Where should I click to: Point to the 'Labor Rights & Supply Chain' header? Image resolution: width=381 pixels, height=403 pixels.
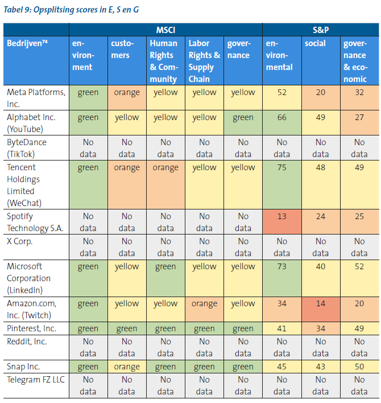click(204, 61)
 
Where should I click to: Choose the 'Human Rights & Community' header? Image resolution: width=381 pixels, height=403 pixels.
click(165, 61)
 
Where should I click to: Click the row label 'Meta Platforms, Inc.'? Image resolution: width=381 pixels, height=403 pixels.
click(35, 98)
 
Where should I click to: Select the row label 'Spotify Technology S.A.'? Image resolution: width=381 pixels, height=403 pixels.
click(35, 222)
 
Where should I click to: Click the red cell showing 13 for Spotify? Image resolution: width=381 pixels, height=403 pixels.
click(281, 216)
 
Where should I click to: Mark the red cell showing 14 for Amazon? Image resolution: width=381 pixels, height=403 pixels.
click(320, 304)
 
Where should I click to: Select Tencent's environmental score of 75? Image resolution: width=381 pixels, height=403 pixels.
click(281, 167)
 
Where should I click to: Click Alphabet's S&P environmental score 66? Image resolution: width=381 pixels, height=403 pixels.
click(281, 117)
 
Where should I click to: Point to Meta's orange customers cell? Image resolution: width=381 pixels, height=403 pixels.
click(127, 92)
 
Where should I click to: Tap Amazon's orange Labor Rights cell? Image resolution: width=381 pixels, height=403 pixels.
click(204, 304)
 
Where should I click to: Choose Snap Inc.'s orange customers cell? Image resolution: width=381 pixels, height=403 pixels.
click(127, 367)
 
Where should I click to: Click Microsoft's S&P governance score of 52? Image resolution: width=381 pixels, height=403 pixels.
click(359, 266)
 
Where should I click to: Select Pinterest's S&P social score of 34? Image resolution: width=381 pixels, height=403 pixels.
click(320, 328)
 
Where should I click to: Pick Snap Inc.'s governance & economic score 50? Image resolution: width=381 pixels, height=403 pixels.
click(359, 367)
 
